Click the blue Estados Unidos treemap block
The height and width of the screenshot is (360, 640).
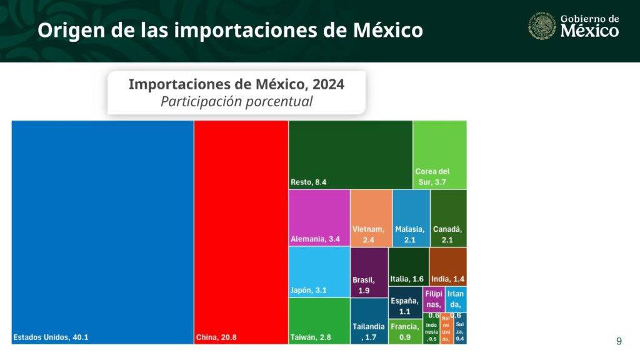(x=102, y=231)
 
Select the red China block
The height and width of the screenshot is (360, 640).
(x=241, y=231)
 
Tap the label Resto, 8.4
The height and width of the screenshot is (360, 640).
(x=309, y=182)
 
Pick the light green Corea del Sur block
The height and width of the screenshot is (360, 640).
(x=440, y=154)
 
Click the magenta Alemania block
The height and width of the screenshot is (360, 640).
(x=319, y=217)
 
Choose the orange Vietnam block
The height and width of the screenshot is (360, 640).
(x=371, y=217)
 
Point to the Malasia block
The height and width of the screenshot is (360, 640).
(x=411, y=217)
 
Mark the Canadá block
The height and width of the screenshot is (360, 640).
(x=448, y=217)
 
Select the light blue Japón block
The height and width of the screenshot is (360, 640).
(x=319, y=272)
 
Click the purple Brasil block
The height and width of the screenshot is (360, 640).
(x=369, y=272)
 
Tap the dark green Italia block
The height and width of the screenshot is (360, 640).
(x=409, y=266)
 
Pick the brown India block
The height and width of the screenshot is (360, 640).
(x=447, y=266)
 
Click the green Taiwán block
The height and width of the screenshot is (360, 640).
(x=319, y=321)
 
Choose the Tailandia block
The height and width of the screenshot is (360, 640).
(x=369, y=321)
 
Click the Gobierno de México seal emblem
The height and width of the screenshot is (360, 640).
(x=541, y=26)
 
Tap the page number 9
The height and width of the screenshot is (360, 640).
(x=619, y=341)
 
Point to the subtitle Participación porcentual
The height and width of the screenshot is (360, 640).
(x=236, y=101)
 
